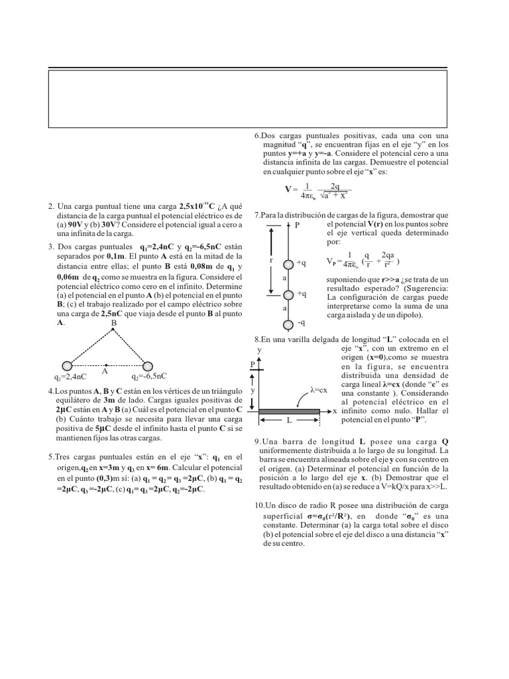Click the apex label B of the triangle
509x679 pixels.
[113, 324]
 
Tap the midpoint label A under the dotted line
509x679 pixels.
[105, 372]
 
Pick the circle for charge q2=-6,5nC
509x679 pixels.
[148, 365]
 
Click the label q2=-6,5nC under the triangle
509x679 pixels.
[149, 377]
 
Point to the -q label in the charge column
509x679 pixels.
[302, 323]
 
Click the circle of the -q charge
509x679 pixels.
[288, 324]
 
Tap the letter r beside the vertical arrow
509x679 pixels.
[272, 261]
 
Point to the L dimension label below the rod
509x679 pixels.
[290, 421]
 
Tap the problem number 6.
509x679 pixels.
[258, 136]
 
